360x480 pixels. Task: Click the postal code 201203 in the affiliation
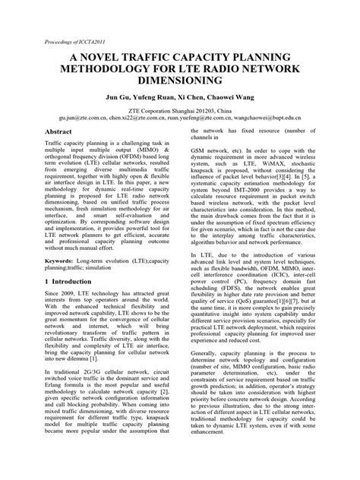coord(201,109)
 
